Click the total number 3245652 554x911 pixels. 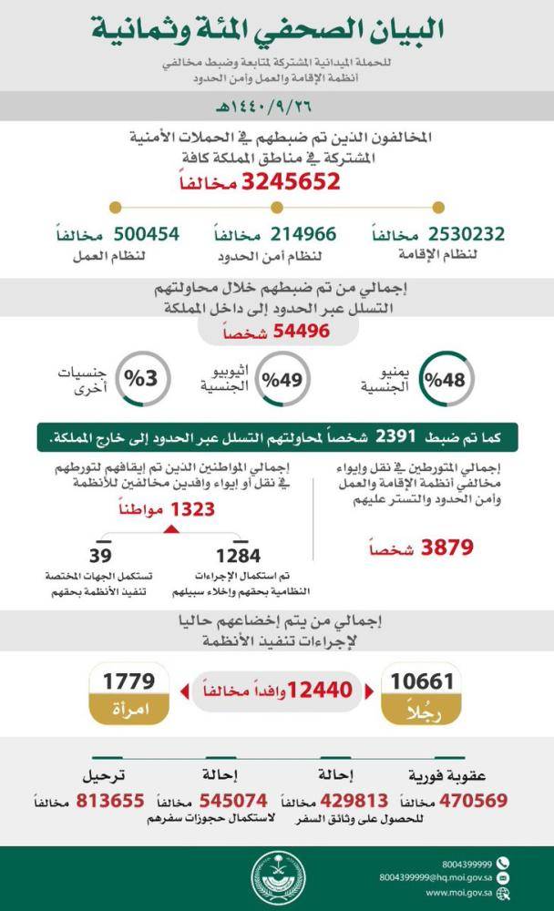[291, 181]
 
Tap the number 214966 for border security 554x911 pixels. [288, 233]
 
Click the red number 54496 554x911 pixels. [292, 332]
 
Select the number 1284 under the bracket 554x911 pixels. [238, 555]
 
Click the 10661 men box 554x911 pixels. [422, 692]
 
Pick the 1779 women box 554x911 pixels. [128, 692]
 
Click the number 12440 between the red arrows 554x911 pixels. [320, 691]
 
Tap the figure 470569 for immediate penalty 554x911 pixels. [474, 801]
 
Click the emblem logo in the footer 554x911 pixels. [276, 879]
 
